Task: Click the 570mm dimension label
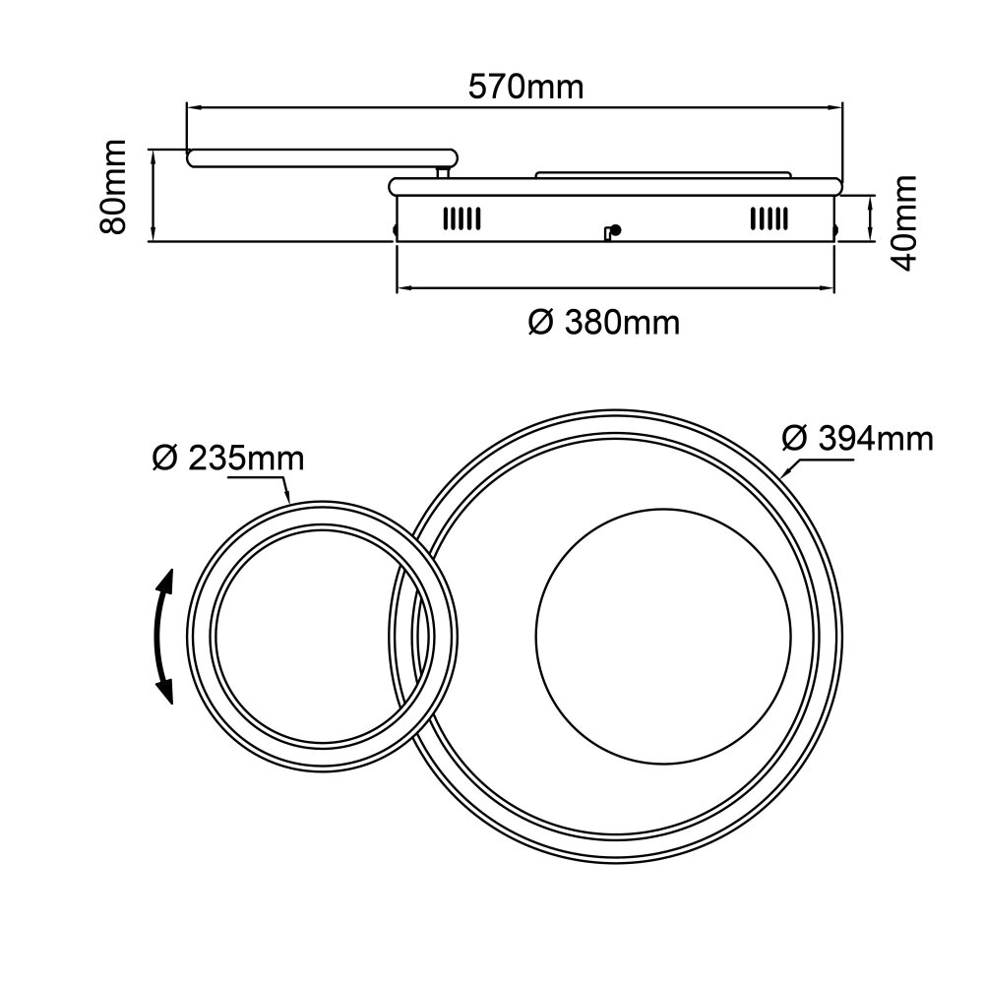[525, 87]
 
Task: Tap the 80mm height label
[113, 187]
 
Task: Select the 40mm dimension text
[904, 222]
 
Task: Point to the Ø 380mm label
[604, 323]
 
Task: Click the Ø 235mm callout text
[228, 459]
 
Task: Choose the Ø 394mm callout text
[858, 438]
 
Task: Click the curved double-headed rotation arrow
[165, 637]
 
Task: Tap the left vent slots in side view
[461, 218]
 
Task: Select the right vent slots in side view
[769, 218]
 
